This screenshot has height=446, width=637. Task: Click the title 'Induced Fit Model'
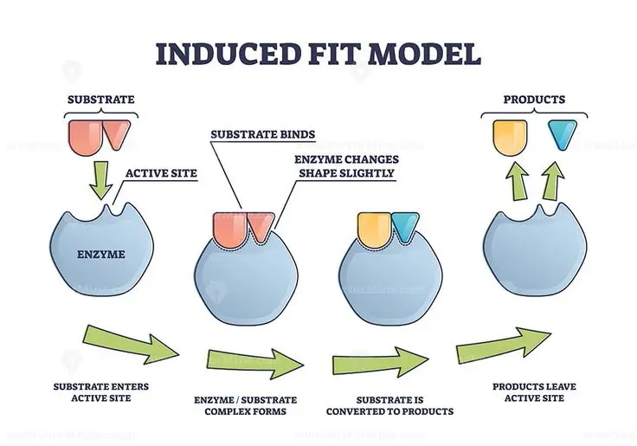318,54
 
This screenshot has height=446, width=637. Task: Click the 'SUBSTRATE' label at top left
101,100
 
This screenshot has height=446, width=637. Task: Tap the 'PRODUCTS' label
534,100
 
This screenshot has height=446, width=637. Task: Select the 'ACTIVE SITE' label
161,173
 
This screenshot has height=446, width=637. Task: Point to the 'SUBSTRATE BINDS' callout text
262,134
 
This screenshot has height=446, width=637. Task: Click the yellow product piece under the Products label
509,137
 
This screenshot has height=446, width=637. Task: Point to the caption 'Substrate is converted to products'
389,405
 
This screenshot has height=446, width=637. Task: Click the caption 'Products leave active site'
534,391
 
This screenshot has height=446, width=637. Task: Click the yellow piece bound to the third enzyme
374,227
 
